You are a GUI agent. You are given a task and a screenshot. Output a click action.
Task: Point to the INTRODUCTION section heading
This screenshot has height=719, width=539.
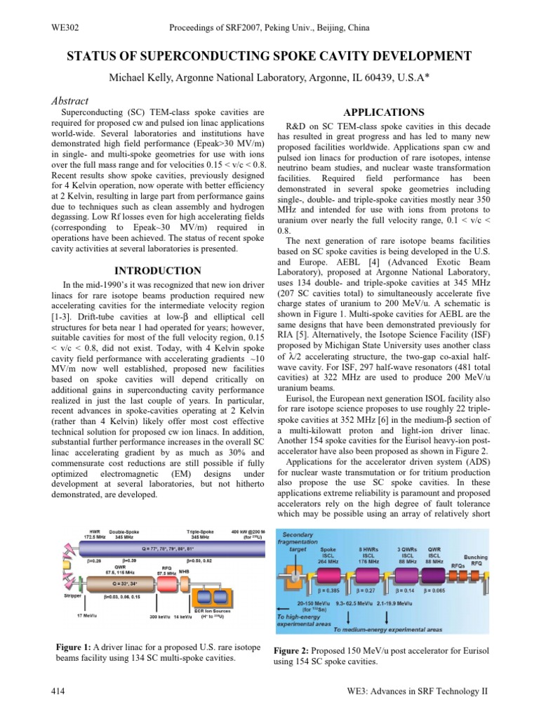tap(157, 270)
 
